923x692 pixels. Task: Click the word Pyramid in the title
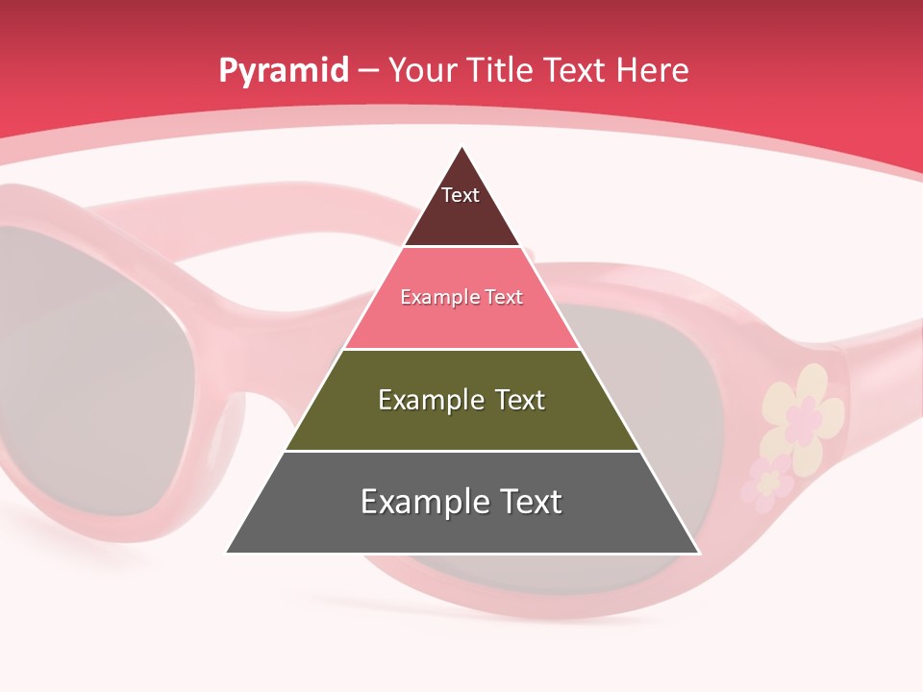point(283,71)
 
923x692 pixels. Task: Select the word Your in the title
point(423,71)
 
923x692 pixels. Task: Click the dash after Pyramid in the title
point(368,71)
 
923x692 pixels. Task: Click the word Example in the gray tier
point(420,502)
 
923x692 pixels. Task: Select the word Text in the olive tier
point(520,400)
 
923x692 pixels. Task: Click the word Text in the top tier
point(460,195)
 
